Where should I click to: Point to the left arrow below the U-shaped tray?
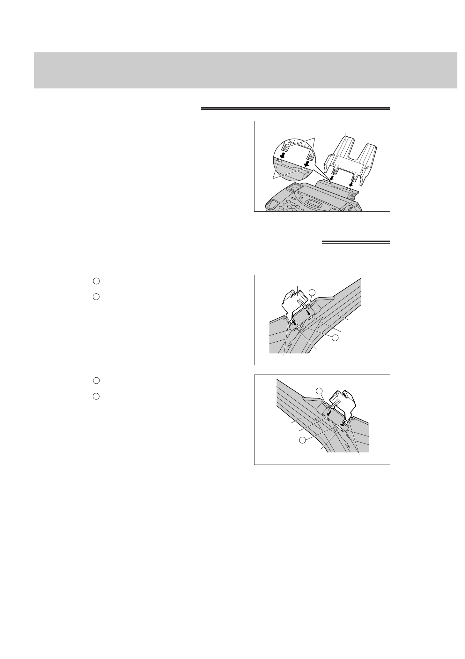click(x=332, y=177)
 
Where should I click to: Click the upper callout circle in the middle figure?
click(x=312, y=292)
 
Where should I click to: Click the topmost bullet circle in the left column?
click(x=96, y=281)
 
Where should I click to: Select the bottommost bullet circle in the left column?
click(x=96, y=396)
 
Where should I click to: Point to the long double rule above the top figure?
click(x=295, y=108)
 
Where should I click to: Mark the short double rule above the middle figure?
click(x=356, y=242)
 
